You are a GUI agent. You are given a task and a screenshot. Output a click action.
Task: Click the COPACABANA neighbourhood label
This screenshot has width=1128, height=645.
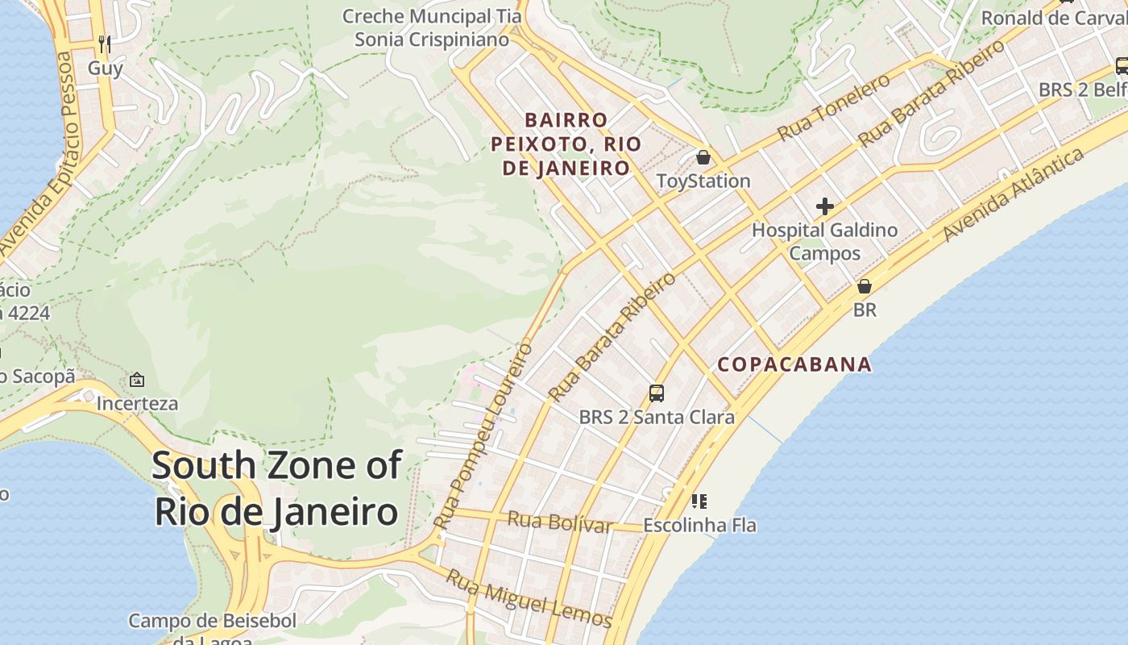794,364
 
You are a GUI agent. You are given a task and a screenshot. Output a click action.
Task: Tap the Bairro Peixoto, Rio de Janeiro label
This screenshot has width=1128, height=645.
566,144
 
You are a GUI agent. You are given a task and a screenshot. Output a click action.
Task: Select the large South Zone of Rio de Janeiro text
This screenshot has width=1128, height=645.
276,489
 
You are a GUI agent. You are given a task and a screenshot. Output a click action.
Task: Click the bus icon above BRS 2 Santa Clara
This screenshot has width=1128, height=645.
657,393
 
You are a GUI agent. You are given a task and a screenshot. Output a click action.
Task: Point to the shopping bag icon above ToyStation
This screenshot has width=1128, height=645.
703,156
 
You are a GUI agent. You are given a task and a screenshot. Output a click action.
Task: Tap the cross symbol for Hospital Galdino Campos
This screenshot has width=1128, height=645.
824,206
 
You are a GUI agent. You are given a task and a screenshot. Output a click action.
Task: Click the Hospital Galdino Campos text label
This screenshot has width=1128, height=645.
824,241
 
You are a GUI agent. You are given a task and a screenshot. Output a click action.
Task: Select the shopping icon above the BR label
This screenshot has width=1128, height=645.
865,286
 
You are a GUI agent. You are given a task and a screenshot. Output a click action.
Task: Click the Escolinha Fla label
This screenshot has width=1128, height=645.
699,526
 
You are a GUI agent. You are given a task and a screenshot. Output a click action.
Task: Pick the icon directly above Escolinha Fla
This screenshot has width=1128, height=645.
699,501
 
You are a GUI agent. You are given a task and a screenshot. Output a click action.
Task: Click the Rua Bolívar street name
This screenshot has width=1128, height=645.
559,522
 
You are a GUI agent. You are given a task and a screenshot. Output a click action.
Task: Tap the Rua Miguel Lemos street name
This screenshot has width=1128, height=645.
529,599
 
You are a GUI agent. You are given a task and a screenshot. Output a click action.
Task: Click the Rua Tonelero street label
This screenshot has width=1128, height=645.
834,106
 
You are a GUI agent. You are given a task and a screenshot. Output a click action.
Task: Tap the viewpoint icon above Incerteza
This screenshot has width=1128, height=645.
137,379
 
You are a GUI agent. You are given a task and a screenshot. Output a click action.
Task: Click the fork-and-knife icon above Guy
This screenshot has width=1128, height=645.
105,43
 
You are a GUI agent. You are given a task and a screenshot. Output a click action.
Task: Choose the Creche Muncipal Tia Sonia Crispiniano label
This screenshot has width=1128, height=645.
432,27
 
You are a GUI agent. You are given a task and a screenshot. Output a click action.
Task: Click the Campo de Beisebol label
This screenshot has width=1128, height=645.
213,622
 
